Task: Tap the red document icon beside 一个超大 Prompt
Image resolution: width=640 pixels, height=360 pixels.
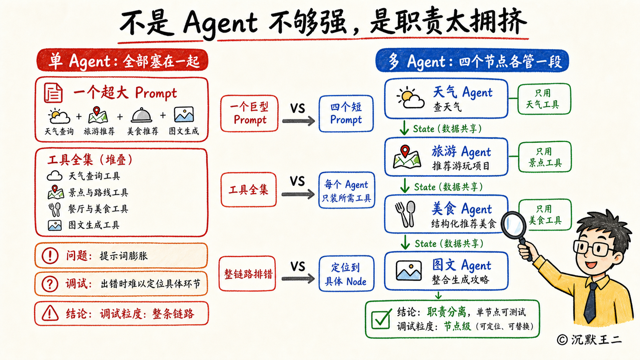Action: point(53,93)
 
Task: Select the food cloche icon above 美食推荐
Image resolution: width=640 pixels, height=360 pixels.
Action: point(141,115)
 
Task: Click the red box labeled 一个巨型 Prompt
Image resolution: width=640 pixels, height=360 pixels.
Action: point(249,114)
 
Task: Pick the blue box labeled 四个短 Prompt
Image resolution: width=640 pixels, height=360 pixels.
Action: point(346,114)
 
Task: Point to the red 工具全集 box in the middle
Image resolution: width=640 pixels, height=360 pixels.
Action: point(248,189)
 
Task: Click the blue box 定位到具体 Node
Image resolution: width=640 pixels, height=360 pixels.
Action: point(346,274)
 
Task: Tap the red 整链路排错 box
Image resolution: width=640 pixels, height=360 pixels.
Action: point(247,274)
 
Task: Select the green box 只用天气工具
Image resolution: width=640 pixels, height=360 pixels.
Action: point(544,99)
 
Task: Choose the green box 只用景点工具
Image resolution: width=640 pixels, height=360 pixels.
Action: point(545,157)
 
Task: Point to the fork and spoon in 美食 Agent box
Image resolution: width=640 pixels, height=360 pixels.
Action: point(405,214)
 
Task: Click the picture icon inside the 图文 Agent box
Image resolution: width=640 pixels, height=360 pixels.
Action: point(408,270)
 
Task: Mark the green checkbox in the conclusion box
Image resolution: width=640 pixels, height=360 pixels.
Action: point(381,319)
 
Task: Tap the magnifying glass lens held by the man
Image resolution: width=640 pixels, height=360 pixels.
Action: point(513,225)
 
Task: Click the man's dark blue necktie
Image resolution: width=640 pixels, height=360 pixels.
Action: point(590,303)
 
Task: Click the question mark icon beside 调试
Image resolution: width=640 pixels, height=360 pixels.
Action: point(50,284)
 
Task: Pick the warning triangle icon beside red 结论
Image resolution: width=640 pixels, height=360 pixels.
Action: point(50,313)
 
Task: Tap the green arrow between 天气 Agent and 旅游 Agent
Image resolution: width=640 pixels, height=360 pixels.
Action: point(404,128)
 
